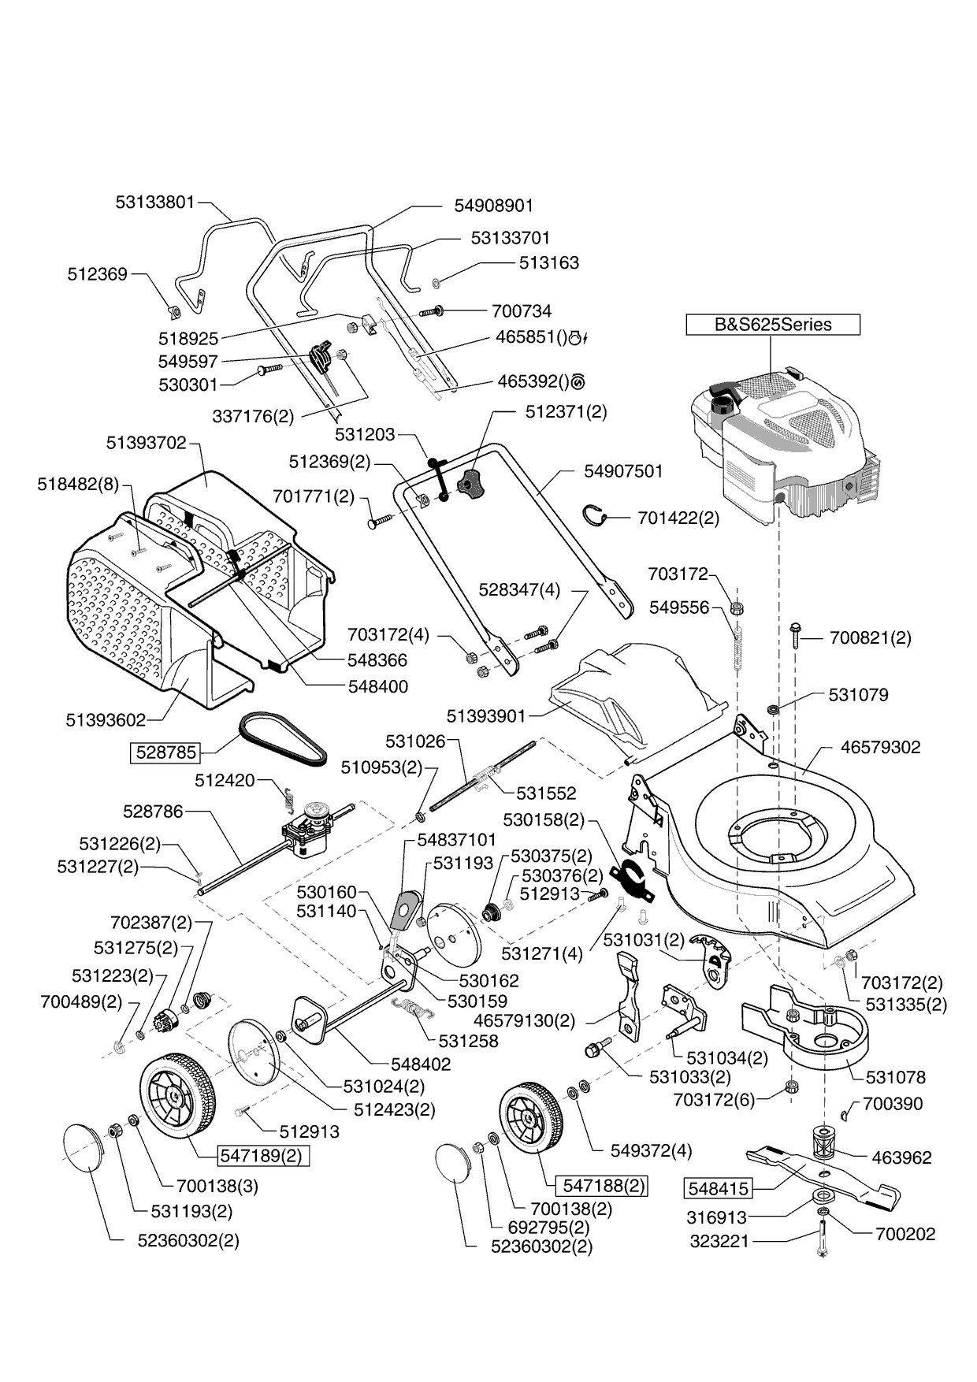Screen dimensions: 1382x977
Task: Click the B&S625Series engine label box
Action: [x=772, y=325]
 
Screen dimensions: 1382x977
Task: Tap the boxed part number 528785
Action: [x=165, y=752]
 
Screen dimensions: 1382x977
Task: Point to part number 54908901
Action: [x=494, y=206]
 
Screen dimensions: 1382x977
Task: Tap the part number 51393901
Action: [x=485, y=716]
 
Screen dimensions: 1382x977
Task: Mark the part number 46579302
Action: [x=880, y=747]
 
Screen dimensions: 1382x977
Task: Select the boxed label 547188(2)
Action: [x=600, y=1186]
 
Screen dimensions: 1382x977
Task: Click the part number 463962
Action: [x=901, y=1157]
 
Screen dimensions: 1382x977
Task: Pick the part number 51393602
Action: [x=106, y=720]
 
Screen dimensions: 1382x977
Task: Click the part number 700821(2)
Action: [x=870, y=637]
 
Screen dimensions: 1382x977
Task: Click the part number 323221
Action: [x=719, y=1241]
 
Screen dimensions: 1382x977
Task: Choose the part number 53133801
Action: [x=154, y=202]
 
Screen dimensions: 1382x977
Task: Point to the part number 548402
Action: [x=421, y=1064]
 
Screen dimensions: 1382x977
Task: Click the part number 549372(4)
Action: [x=651, y=1150]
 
